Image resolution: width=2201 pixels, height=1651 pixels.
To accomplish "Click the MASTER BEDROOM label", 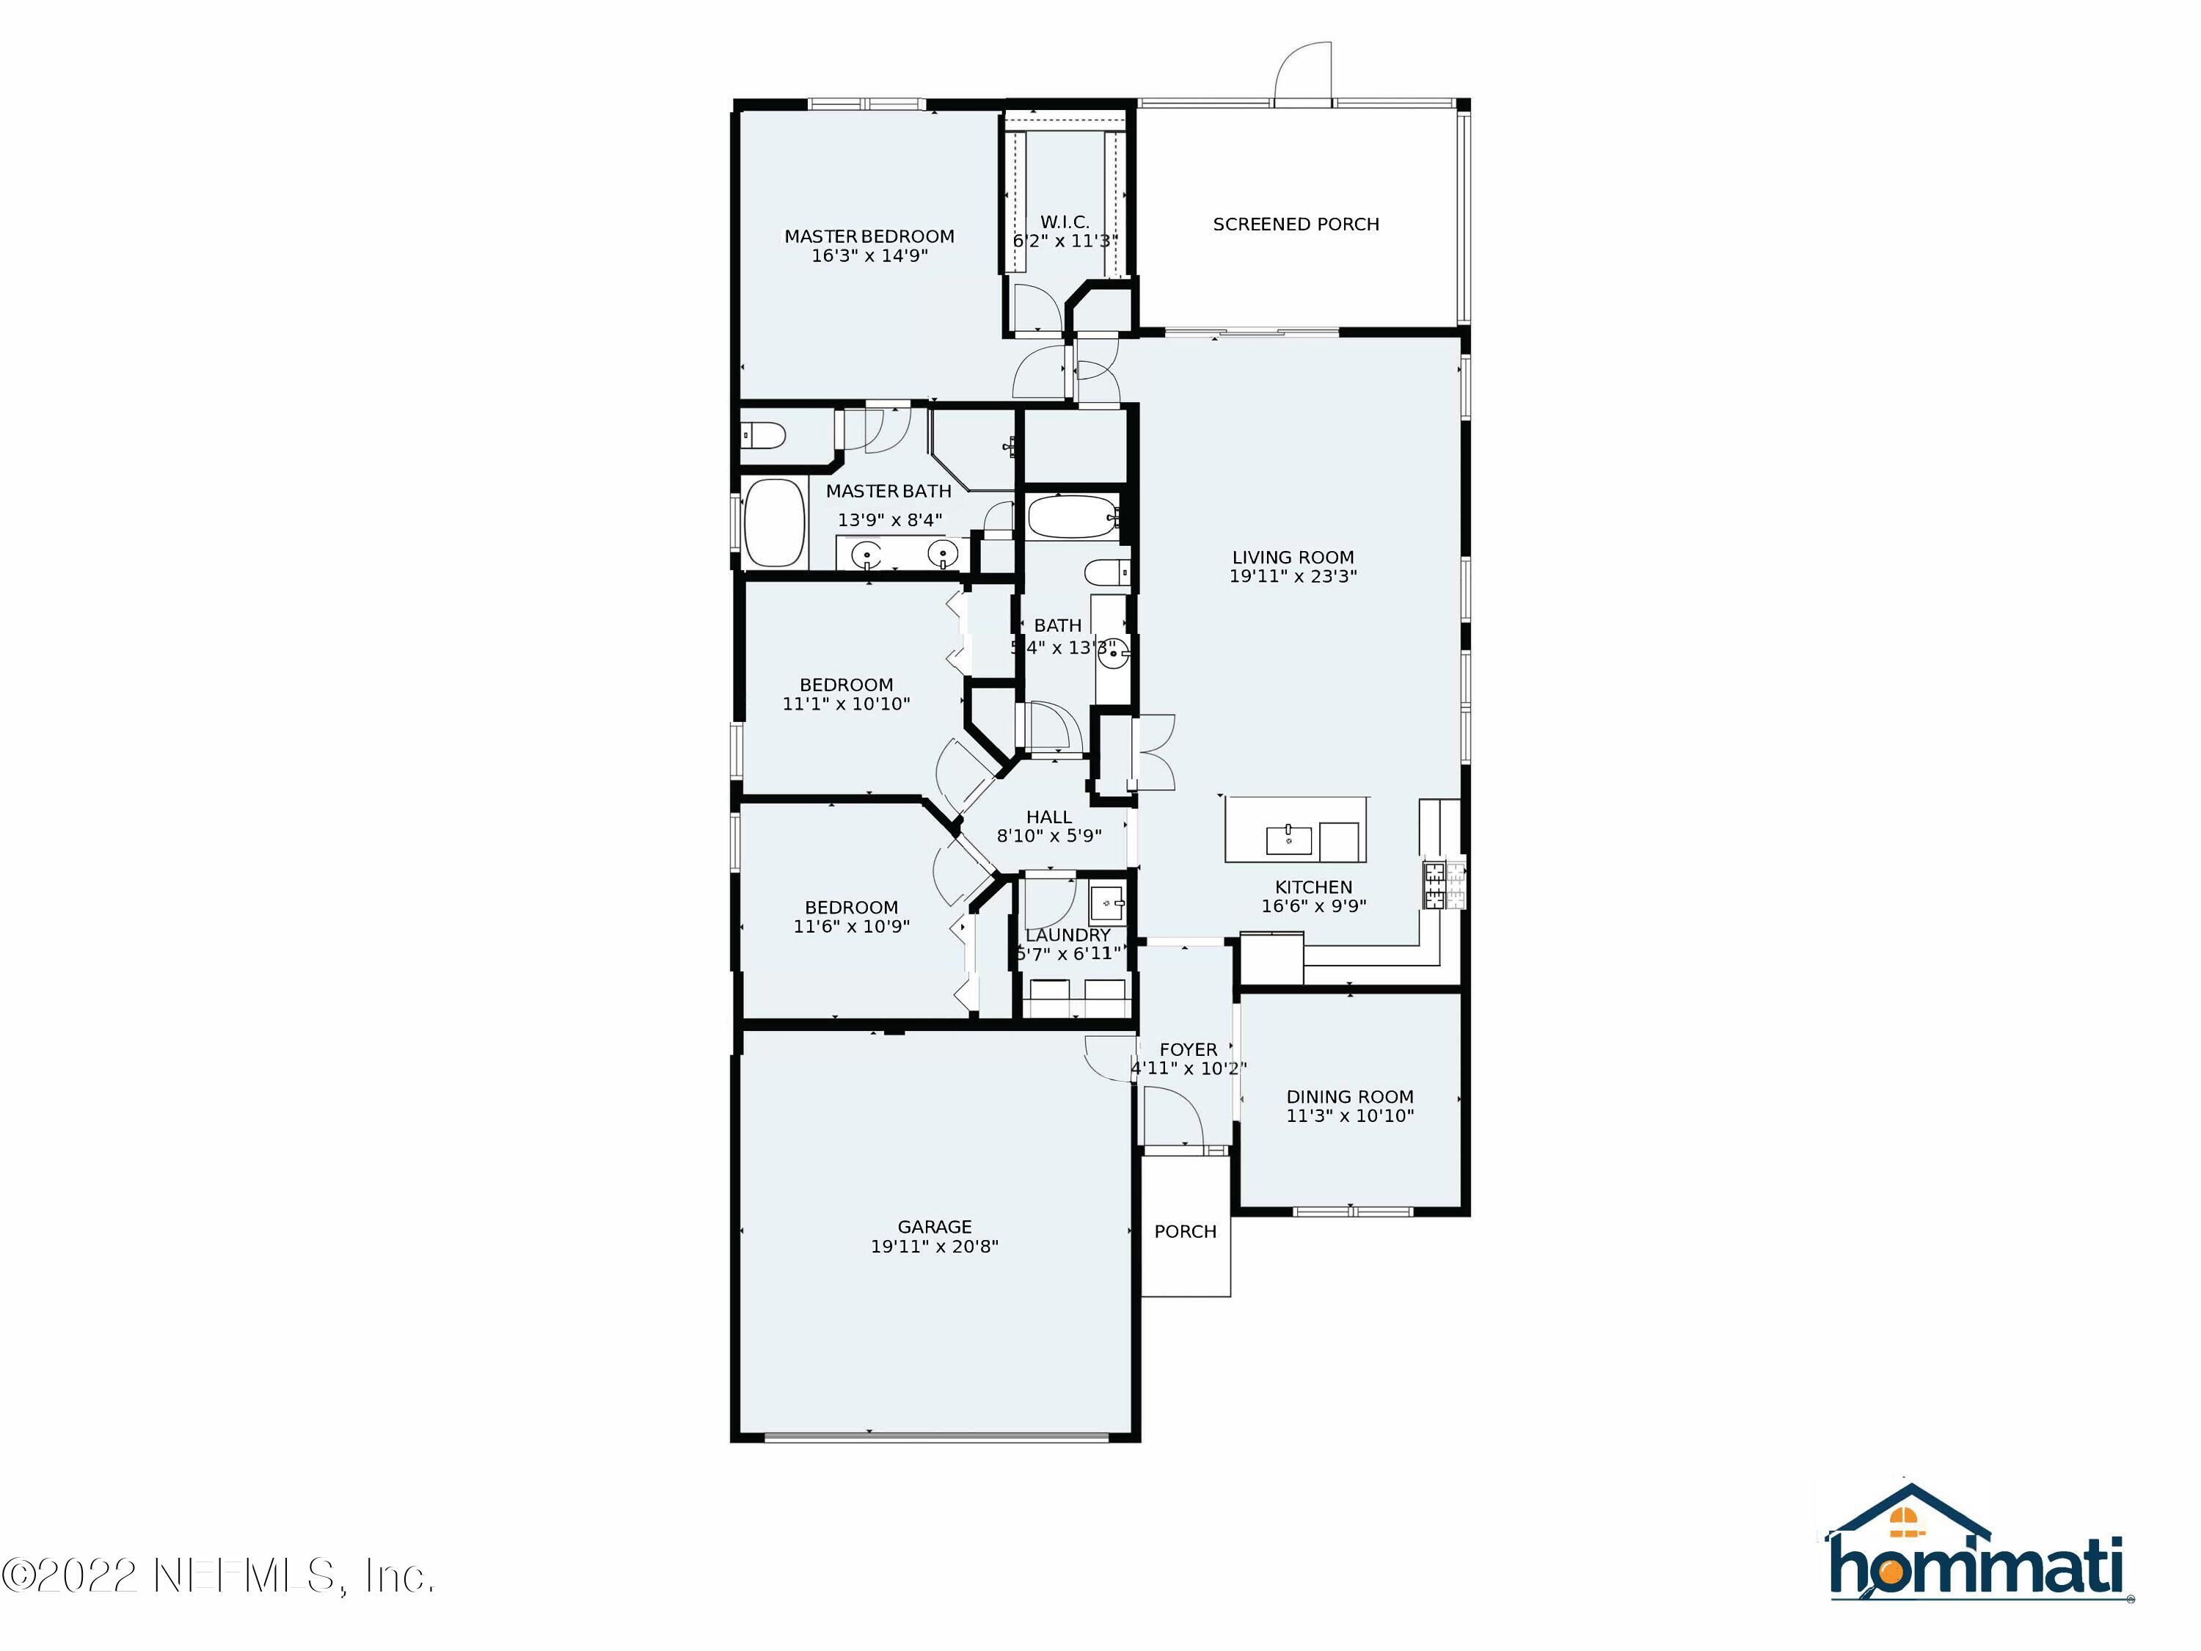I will (x=869, y=236).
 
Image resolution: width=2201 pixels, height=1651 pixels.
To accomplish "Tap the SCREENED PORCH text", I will (x=1296, y=224).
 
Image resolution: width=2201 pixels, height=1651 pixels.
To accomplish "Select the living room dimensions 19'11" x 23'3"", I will (x=1293, y=576).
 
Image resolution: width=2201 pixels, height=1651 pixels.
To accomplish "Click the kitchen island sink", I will (x=1288, y=839).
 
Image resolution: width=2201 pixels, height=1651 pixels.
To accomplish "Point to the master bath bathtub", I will (x=774, y=522).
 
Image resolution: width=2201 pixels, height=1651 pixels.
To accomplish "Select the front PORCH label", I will (x=1185, y=1231).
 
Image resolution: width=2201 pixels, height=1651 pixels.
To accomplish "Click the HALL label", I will (x=1048, y=816).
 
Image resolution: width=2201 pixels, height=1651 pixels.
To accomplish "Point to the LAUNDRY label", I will (x=1067, y=935).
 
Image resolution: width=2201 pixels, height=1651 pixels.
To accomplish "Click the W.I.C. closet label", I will (x=1065, y=221).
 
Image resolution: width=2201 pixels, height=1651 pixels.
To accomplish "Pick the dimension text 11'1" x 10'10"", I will (x=846, y=704).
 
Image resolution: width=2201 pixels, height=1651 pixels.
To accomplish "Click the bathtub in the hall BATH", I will (x=1073, y=517).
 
